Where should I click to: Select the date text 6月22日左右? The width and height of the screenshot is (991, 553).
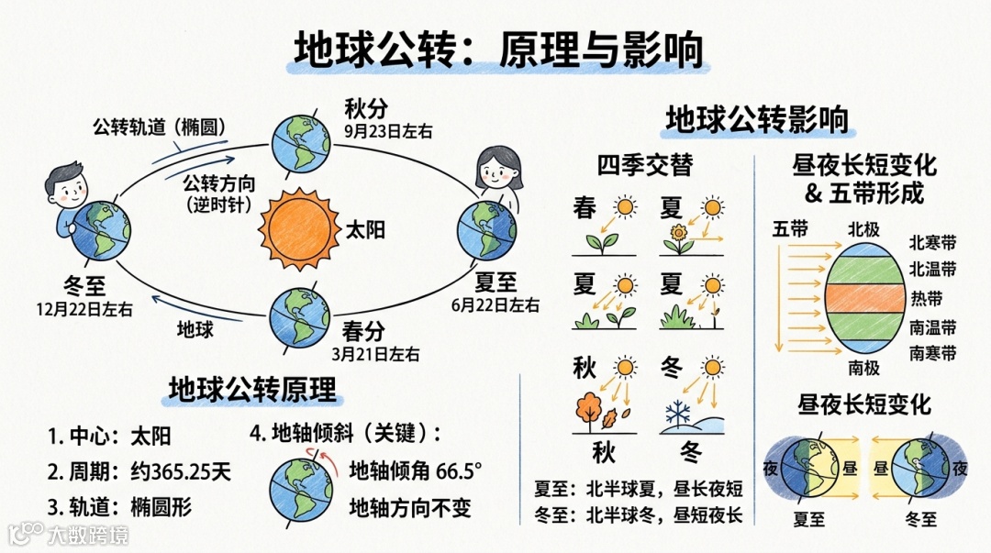[x=495, y=304]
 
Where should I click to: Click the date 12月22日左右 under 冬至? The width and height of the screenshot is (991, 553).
[x=84, y=309]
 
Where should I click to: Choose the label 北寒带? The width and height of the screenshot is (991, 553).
[x=932, y=243]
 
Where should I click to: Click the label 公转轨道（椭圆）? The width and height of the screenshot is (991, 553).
[x=159, y=126]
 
